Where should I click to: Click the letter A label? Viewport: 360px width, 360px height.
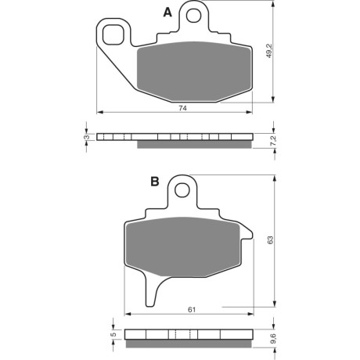tap(167, 13)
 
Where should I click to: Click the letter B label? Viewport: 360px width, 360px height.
tap(155, 182)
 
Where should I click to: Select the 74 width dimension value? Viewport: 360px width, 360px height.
tap(182, 108)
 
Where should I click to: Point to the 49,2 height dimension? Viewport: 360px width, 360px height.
tap(269, 51)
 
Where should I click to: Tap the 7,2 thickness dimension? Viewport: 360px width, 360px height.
tap(272, 141)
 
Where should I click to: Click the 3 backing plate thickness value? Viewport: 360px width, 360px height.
tap(88, 137)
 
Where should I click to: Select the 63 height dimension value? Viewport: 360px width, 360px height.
tap(271, 239)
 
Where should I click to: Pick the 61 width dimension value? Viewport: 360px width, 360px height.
tap(192, 310)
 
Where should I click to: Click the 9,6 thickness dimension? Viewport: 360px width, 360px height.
tap(272, 339)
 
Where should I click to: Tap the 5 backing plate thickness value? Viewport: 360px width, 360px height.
tap(113, 334)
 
